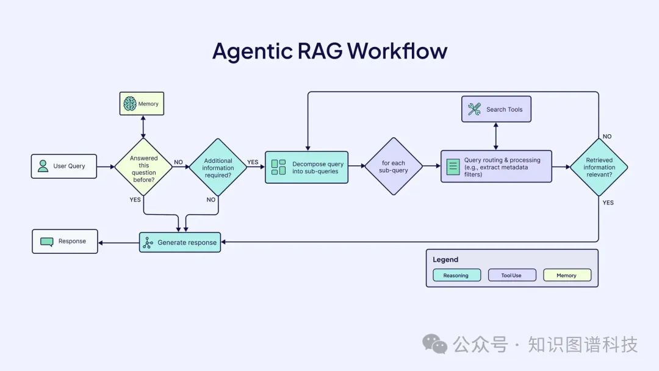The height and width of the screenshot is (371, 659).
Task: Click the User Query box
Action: coord(64,166)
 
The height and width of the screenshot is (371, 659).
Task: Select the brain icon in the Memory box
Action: coord(129,104)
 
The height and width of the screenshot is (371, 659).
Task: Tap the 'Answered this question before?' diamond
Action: coord(143,166)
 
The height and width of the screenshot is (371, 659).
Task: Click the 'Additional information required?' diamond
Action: coord(218,167)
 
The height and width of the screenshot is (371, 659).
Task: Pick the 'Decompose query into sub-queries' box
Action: coord(306,167)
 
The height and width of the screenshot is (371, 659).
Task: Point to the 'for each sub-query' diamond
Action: coord(394,167)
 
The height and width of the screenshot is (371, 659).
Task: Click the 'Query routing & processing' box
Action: coord(496,167)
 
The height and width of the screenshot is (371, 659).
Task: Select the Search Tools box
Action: coord(496,109)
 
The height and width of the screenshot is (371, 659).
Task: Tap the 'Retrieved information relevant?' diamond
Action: coord(599,167)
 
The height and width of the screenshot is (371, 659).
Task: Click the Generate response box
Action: coord(179,242)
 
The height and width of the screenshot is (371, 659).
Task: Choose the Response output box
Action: coord(65,241)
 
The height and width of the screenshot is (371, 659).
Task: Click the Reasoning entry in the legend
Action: coord(456,275)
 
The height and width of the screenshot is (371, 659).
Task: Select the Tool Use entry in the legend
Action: coord(511,275)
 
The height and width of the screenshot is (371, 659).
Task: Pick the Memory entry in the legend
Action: coord(567,275)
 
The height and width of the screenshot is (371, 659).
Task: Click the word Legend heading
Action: coord(445,259)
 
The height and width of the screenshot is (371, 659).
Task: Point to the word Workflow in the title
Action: coord(397,51)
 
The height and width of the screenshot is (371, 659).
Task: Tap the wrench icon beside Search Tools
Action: coord(474,109)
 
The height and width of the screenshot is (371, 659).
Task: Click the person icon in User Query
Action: coord(43,166)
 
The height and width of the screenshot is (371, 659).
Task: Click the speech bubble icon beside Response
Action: coord(46,241)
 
